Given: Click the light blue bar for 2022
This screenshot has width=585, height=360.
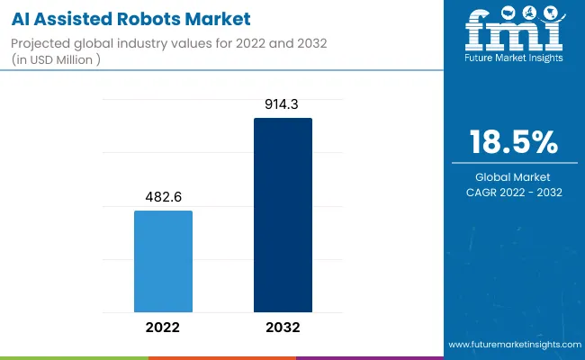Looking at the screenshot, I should [163, 261].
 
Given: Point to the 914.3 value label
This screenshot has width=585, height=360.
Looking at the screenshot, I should [283, 105].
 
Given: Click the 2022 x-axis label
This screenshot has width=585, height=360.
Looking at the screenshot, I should [163, 327].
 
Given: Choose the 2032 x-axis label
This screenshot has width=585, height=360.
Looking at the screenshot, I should [283, 327].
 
